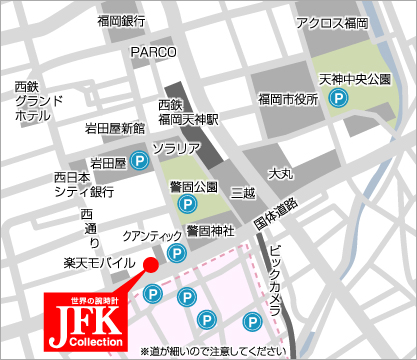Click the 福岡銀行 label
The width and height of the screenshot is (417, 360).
[x=121, y=20]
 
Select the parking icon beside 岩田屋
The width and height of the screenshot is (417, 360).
[x=142, y=159]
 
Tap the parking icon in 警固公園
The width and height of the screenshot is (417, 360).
[x=187, y=204]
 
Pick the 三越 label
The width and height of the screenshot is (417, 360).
[x=243, y=191]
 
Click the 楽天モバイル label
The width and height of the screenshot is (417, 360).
[x=94, y=262]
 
